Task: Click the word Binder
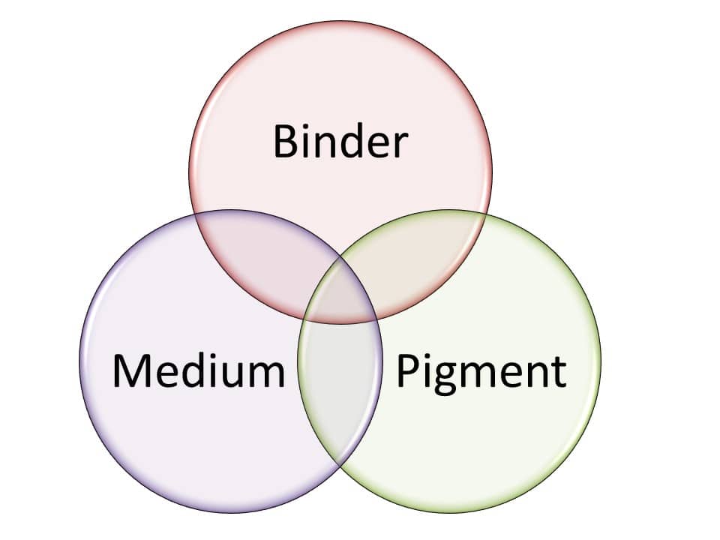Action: [340, 142]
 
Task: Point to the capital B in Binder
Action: [285, 142]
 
